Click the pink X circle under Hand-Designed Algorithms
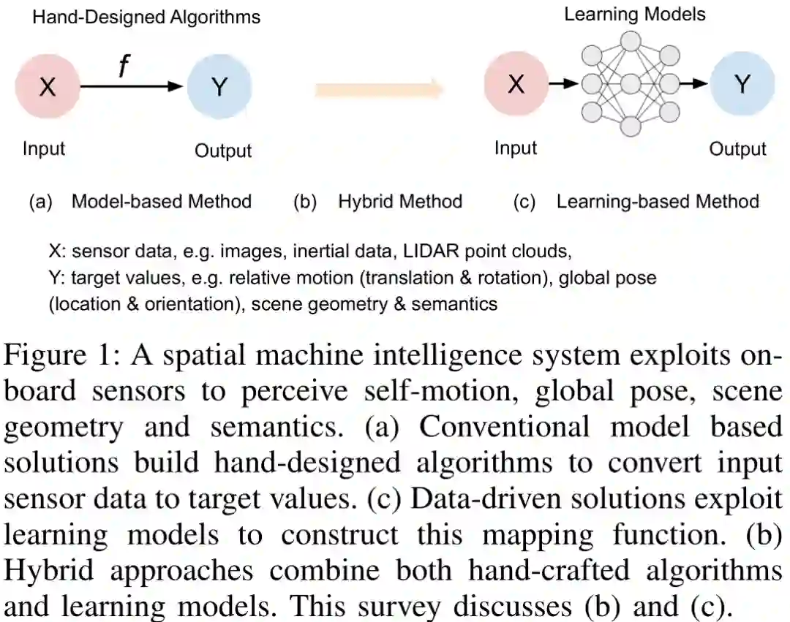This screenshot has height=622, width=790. click(48, 87)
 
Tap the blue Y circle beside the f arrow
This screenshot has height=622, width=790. click(219, 87)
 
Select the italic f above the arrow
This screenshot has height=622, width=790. click(123, 67)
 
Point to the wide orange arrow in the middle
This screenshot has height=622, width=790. click(380, 91)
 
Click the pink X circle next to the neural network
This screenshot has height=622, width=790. click(516, 85)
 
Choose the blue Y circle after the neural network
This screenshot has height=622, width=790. click(742, 85)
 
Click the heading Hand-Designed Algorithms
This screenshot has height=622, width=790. click(146, 17)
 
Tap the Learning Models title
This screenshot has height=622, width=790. click(634, 14)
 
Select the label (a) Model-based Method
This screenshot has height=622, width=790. click(140, 201)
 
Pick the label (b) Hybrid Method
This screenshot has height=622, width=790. click(377, 201)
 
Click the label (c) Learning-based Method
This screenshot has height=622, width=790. click(636, 201)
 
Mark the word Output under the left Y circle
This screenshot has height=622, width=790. click(223, 151)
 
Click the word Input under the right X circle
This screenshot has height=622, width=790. click(516, 148)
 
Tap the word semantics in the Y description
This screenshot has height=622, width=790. click(453, 304)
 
